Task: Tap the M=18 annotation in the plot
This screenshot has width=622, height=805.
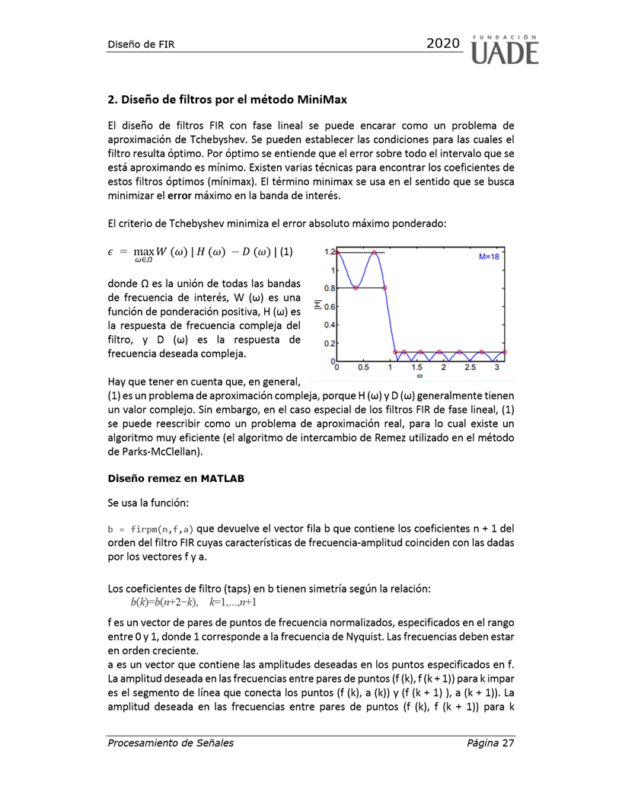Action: (489, 257)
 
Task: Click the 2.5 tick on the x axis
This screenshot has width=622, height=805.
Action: (470, 367)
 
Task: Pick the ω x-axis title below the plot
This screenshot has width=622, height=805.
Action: (419, 375)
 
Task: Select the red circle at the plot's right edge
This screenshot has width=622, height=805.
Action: (506, 353)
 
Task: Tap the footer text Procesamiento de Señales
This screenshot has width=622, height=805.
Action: (171, 743)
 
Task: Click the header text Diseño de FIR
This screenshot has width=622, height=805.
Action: (141, 44)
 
